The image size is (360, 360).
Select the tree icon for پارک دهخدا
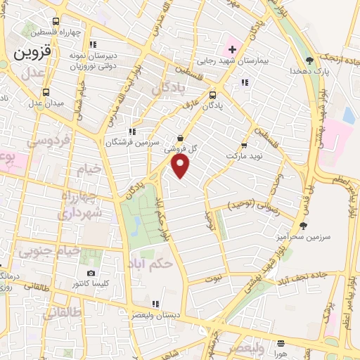(x=309, y=61)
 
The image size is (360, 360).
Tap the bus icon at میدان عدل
(x=46, y=91)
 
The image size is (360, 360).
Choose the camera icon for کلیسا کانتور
(x=91, y=273)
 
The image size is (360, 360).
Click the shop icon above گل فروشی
(x=181, y=139)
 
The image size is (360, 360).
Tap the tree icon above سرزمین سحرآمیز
(x=303, y=226)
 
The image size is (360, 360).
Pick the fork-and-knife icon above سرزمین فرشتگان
(x=131, y=131)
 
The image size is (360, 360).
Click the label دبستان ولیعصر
(x=155, y=316)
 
